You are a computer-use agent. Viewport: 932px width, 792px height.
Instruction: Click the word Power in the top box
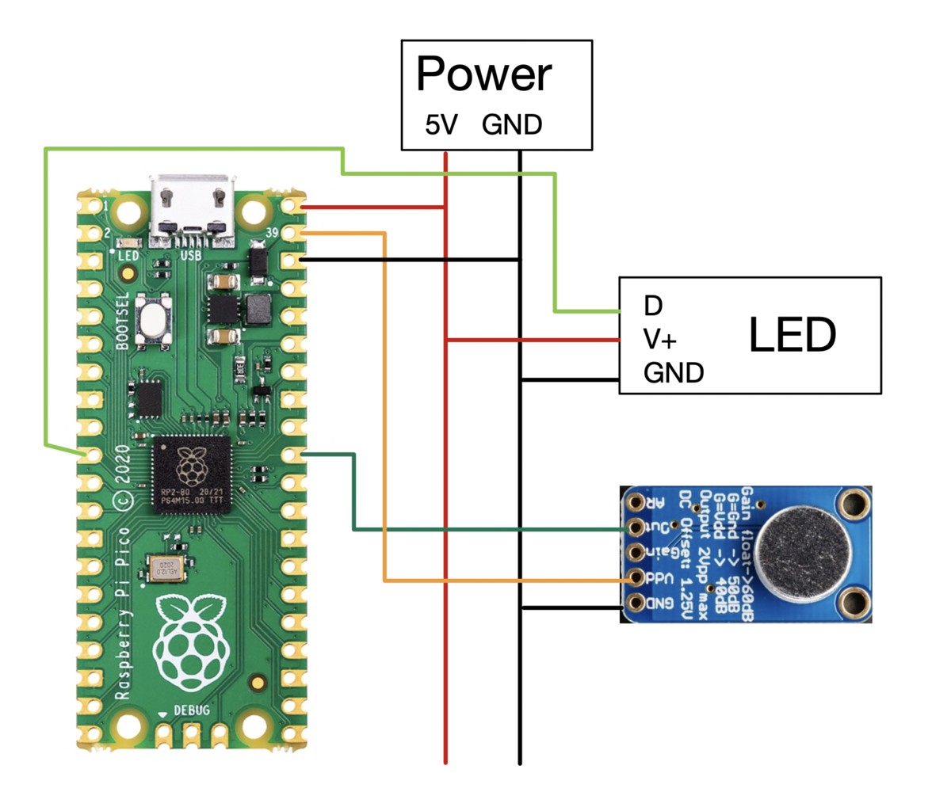[483, 75]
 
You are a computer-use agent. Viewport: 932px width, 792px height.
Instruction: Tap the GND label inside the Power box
[513, 124]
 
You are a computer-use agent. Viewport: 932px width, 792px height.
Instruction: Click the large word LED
[792, 337]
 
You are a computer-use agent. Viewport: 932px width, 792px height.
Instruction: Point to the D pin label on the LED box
[653, 305]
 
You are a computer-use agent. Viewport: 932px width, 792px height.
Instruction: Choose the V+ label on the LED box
[660, 340]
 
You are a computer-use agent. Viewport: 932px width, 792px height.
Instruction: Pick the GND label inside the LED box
[674, 372]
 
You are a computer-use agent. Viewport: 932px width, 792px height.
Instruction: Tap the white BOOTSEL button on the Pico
[154, 320]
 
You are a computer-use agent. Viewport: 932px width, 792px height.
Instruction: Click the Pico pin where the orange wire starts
[293, 233]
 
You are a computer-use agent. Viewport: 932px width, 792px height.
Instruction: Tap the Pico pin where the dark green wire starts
[293, 454]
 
